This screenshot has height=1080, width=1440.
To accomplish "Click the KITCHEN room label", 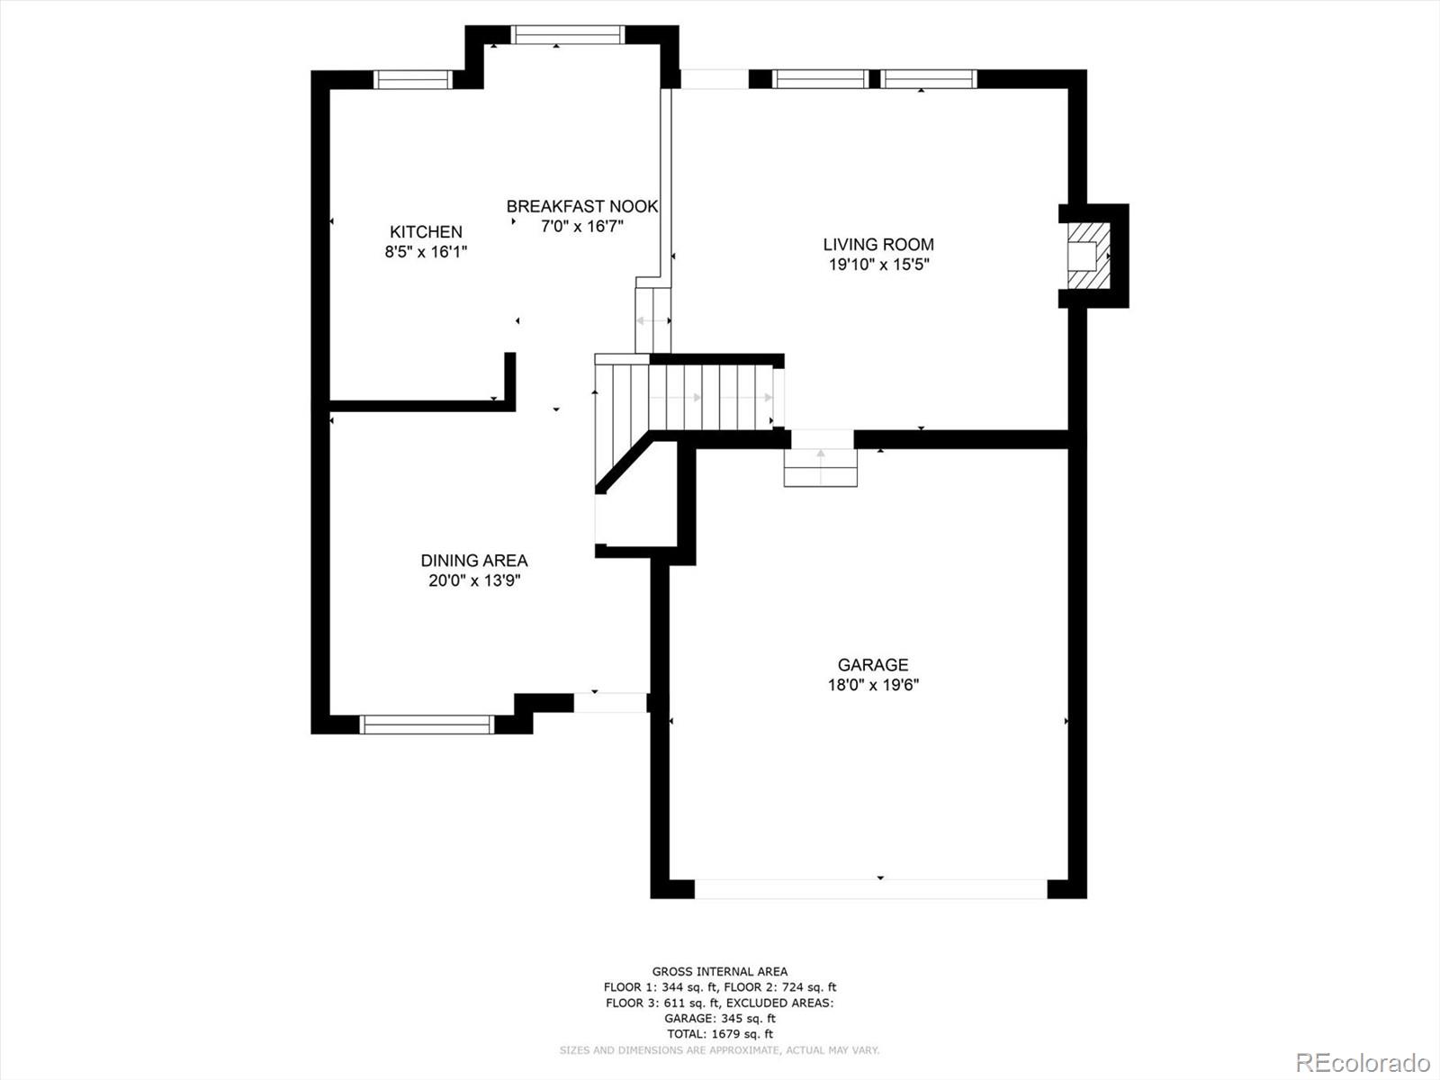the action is tap(426, 231).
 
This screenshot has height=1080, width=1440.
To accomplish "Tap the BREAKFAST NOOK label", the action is tap(582, 207).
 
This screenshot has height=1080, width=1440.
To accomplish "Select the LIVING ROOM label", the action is tap(878, 245).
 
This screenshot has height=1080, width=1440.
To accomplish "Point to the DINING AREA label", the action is tap(474, 561).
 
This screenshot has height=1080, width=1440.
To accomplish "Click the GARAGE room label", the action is tap(873, 665).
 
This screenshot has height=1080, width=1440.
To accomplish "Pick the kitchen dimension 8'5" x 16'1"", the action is tap(426, 252).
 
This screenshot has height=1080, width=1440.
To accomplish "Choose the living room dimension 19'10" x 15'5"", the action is tap(879, 265).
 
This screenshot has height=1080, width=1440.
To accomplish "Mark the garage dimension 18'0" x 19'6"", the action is tap(873, 685).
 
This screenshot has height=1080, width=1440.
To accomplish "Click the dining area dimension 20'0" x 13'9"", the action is tap(474, 581).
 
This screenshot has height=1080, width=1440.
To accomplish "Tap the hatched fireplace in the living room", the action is tap(1089, 256).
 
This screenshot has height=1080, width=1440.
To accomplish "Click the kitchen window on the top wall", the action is tap(412, 79).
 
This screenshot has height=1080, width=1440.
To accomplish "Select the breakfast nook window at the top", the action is tap(568, 35).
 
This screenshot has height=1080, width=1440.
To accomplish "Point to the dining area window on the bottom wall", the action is tap(427, 724).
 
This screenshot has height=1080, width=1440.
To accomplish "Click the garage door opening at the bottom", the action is tap(870, 889).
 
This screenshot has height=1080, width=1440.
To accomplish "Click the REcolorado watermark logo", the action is tap(1363, 1062).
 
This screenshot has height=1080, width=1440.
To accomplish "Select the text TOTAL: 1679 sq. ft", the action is tap(720, 1034).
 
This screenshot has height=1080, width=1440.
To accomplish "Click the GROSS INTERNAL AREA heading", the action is tap(720, 972).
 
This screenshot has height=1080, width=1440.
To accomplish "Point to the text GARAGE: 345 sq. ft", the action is tap(720, 1019).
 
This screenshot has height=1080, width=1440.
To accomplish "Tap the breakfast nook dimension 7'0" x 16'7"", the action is tap(582, 227).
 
